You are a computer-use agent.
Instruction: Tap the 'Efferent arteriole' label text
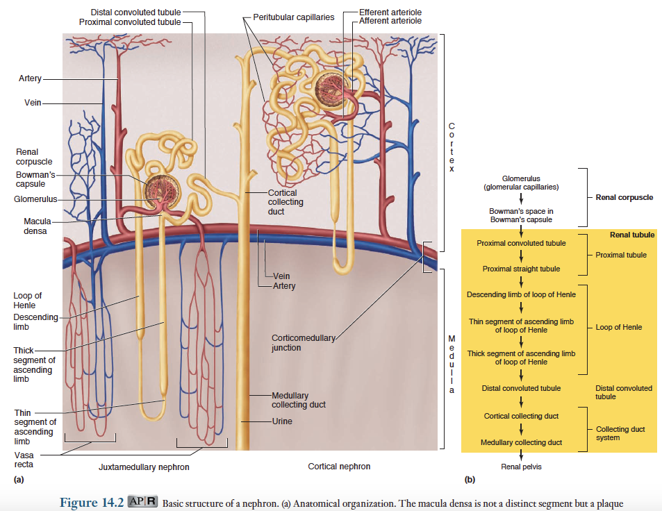pyautogui.click(x=390, y=12)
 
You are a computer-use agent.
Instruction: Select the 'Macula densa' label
pyautogui.click(x=31, y=226)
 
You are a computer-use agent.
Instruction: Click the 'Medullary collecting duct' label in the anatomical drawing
pyautogui.click(x=298, y=400)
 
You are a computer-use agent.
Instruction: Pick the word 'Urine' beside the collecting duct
pyautogui.click(x=282, y=421)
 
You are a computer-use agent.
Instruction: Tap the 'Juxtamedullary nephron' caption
pyautogui.click(x=144, y=467)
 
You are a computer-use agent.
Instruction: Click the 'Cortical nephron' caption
pyautogui.click(x=339, y=467)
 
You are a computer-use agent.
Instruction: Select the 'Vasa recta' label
pyautogui.click(x=24, y=460)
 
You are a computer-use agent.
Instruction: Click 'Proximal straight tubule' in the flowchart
pyautogui.click(x=521, y=269)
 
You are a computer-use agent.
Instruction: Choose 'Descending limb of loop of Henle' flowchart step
pyautogui.click(x=521, y=294)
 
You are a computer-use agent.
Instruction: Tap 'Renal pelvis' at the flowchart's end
pyautogui.click(x=521, y=467)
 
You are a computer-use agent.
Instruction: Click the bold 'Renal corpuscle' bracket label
pyautogui.click(x=624, y=197)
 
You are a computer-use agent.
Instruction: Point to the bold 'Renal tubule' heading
pyautogui.click(x=631, y=235)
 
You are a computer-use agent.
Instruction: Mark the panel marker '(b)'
pyautogui.click(x=470, y=479)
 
